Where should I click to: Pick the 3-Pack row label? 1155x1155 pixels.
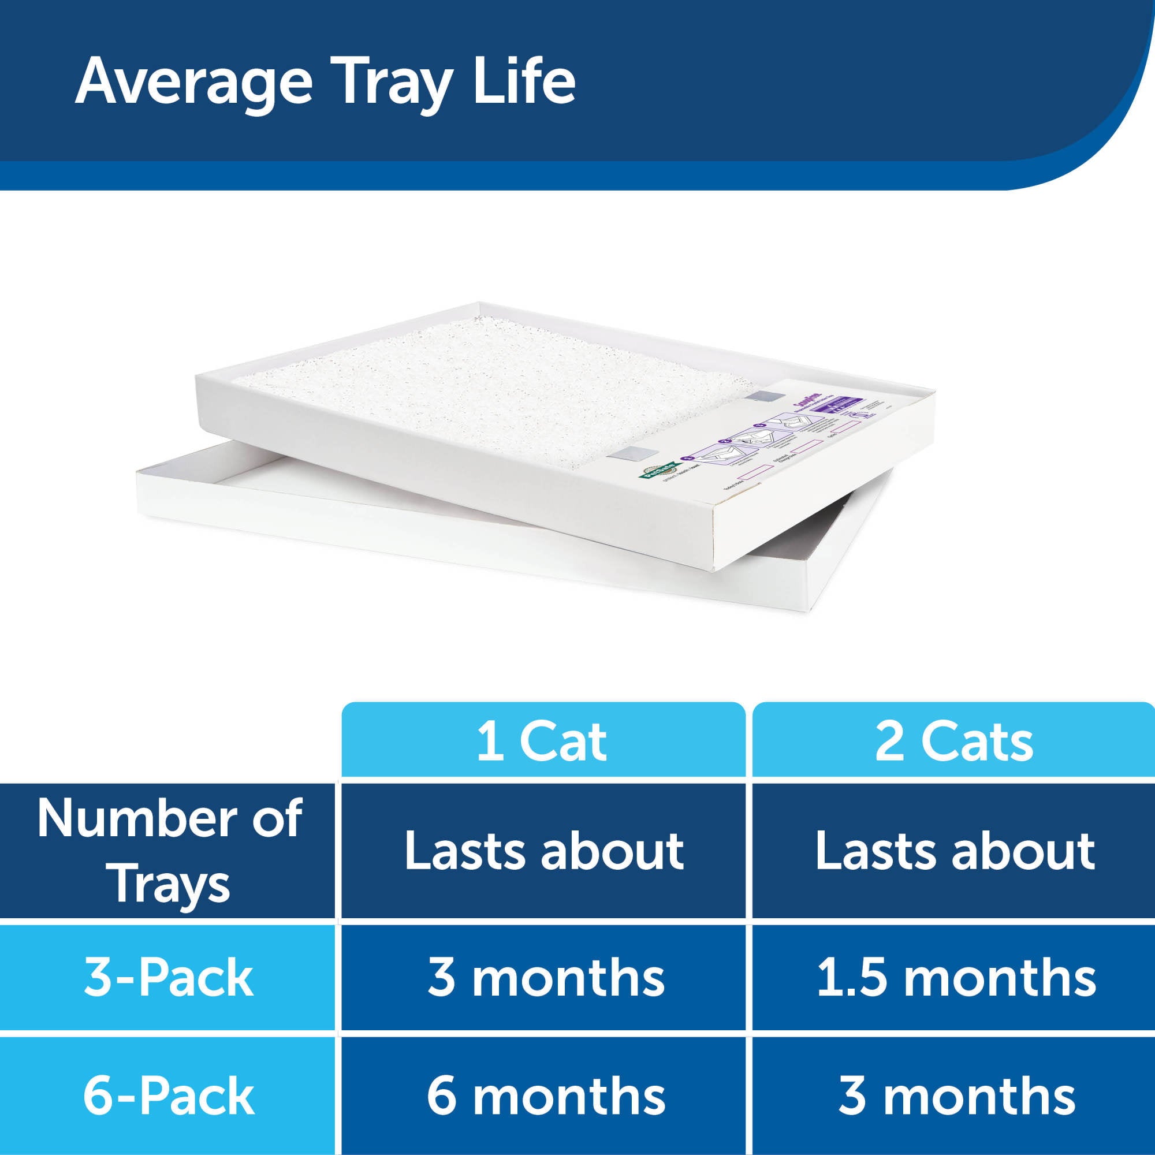(169, 979)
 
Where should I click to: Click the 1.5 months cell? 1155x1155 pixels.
(956, 979)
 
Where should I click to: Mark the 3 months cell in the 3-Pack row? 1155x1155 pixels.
(546, 979)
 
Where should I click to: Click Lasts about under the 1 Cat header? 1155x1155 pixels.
(543, 851)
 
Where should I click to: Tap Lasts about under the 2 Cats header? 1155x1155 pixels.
(955, 851)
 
